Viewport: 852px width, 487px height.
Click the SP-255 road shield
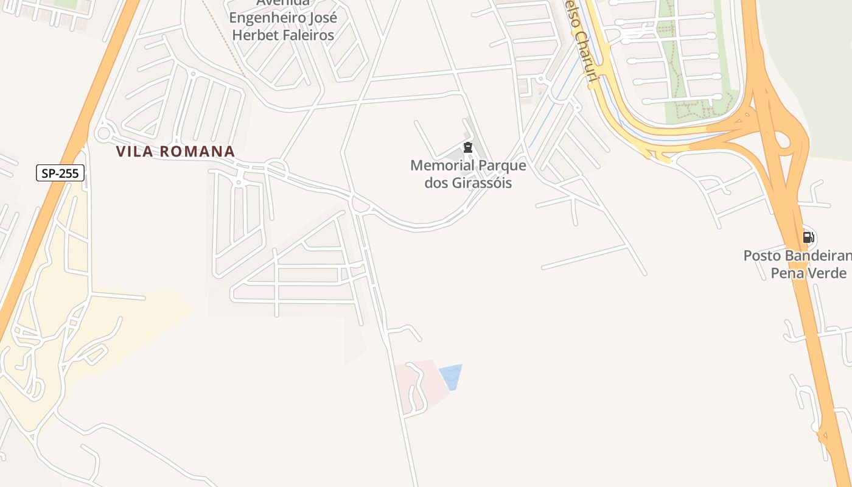tap(60, 173)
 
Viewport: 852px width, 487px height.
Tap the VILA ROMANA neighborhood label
tap(175, 152)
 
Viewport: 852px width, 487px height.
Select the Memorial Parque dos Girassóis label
tap(468, 174)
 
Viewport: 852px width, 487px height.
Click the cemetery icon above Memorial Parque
tap(467, 147)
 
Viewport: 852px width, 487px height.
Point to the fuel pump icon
tap(808, 237)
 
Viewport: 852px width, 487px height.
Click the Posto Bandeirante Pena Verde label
tap(798, 264)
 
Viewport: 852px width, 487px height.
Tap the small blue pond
tap(451, 376)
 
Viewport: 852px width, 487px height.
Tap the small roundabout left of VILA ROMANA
tap(103, 133)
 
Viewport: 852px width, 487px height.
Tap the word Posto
tap(760, 256)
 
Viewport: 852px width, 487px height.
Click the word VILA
tap(133, 152)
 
